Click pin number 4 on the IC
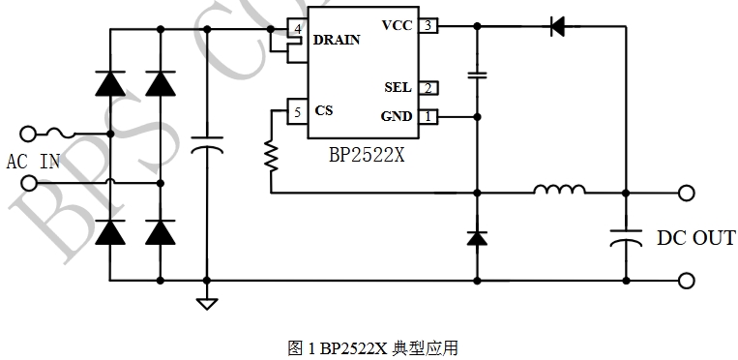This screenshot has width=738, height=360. tap(297, 29)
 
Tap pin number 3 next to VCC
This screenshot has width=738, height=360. tap(428, 25)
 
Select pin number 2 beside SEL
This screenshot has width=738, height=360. tap(428, 88)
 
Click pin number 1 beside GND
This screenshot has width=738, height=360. tap(428, 116)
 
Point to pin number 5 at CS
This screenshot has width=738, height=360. tap(297, 112)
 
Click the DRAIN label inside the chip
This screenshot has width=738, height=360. tap(337, 41)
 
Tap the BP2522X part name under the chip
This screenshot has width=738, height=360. tap(367, 155)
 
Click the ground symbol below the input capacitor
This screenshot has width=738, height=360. tap(207, 304)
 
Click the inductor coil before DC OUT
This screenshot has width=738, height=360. tap(560, 189)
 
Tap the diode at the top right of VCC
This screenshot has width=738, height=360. tap(558, 26)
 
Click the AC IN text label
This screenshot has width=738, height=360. tap(33, 162)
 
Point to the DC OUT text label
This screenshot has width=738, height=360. tap(695, 238)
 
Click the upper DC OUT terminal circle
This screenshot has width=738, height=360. tap(686, 194)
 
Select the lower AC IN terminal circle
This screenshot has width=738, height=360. tap(29, 183)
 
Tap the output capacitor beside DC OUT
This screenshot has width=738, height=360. tap(626, 238)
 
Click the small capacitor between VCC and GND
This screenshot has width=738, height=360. tap(477, 75)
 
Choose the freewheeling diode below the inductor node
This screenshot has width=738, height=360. tap(477, 238)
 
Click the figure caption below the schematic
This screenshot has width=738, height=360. tap(372, 348)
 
